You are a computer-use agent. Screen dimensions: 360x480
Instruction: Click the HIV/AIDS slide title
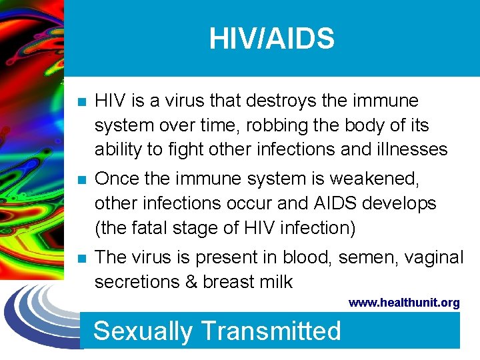click(x=271, y=39)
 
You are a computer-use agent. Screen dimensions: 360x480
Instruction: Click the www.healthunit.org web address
click(x=404, y=303)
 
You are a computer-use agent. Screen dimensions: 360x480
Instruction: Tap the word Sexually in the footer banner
click(x=143, y=331)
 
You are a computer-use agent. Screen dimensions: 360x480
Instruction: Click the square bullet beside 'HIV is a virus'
click(x=81, y=102)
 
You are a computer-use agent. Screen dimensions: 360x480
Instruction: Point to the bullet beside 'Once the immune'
click(x=81, y=179)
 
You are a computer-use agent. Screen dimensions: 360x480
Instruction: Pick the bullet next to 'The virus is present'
click(x=81, y=258)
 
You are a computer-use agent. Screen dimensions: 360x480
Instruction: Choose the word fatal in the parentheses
click(x=158, y=227)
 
